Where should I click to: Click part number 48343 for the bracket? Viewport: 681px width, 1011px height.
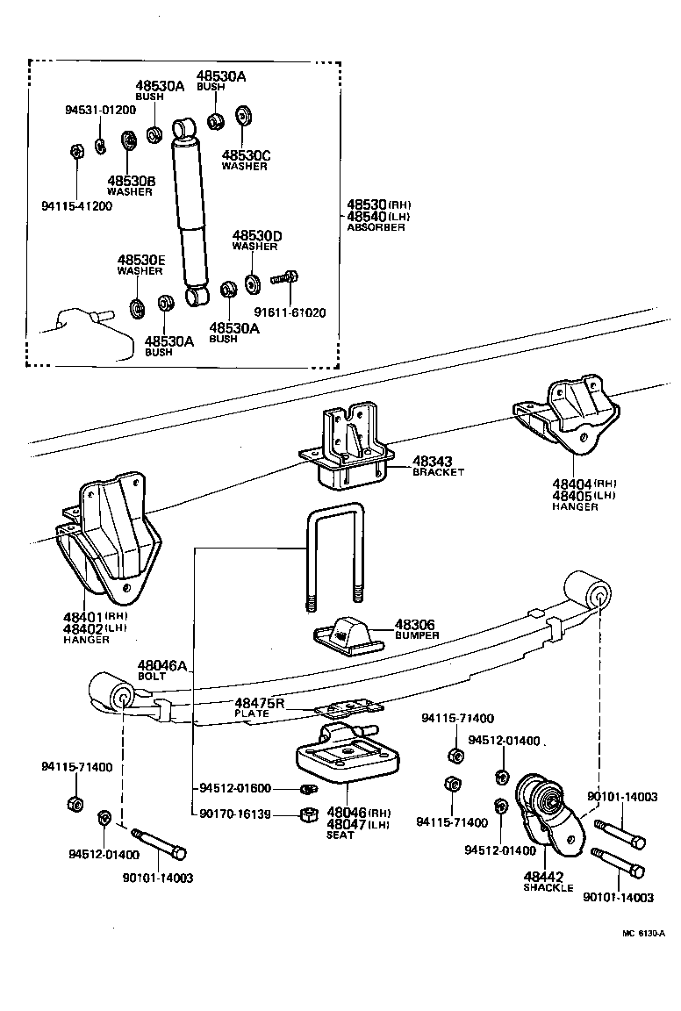[x=433, y=461]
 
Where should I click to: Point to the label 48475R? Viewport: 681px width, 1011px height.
[x=260, y=703]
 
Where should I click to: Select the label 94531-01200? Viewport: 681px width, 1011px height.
[x=100, y=111]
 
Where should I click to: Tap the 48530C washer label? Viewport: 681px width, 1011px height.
[x=245, y=155]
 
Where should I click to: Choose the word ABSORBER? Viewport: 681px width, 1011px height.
[x=376, y=227]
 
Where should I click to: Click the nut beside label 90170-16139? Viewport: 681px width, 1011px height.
[x=308, y=814]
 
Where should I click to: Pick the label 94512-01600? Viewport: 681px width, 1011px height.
[x=235, y=787]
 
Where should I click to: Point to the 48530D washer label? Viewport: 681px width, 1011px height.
[x=256, y=236]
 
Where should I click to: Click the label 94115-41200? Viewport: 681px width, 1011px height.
[x=77, y=206]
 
